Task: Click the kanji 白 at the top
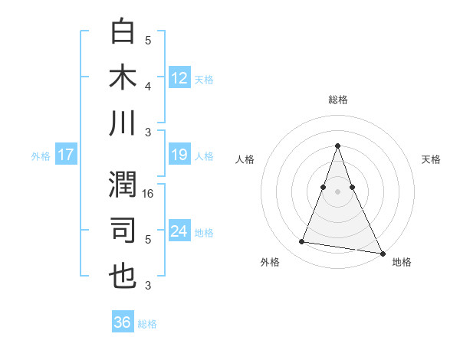[123, 32]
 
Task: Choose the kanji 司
[123, 231]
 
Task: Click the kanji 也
[123, 277]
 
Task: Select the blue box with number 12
[179, 77]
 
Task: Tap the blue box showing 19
[179, 155]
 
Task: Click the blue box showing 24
[179, 231]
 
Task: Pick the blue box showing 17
[65, 155]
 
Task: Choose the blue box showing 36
[123, 322]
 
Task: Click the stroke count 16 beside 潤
[149, 195]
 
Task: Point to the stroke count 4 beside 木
[148, 86]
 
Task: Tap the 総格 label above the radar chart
[338, 100]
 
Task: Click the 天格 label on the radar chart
[432, 159]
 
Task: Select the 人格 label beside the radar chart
[245, 159]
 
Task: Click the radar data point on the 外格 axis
[301, 242]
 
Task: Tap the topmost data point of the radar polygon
[338, 146]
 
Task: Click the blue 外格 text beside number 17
[41, 155]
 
